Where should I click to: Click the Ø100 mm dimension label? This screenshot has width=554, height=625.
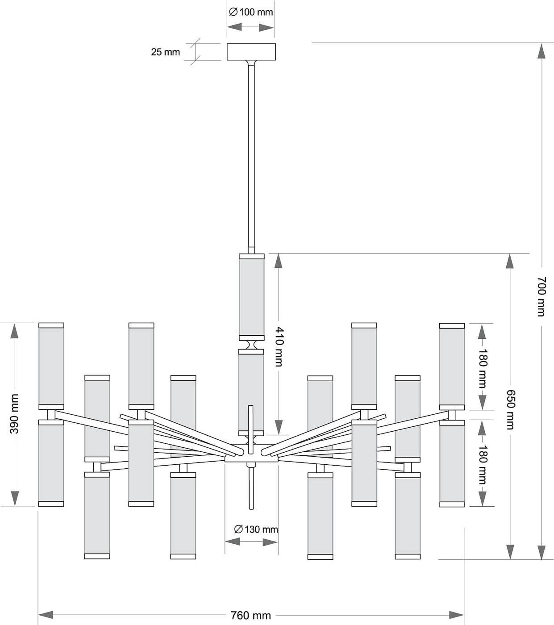[x=251, y=12]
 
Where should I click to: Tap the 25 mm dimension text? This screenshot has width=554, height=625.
[x=165, y=52]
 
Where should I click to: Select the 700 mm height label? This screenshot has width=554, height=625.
[x=542, y=296]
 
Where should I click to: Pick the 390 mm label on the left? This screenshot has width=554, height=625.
[x=14, y=414]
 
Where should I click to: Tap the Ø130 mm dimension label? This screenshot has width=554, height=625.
[x=256, y=529]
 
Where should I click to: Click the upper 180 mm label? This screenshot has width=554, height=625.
[x=483, y=368]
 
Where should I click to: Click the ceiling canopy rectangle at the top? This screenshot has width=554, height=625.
[x=251, y=51]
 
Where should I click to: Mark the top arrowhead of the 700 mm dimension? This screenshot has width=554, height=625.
[x=542, y=51]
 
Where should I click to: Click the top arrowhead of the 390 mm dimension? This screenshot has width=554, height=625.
[x=14, y=331]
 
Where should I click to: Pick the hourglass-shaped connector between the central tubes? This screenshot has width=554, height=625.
[x=251, y=345]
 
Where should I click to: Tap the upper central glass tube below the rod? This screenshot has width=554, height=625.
[x=251, y=297]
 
